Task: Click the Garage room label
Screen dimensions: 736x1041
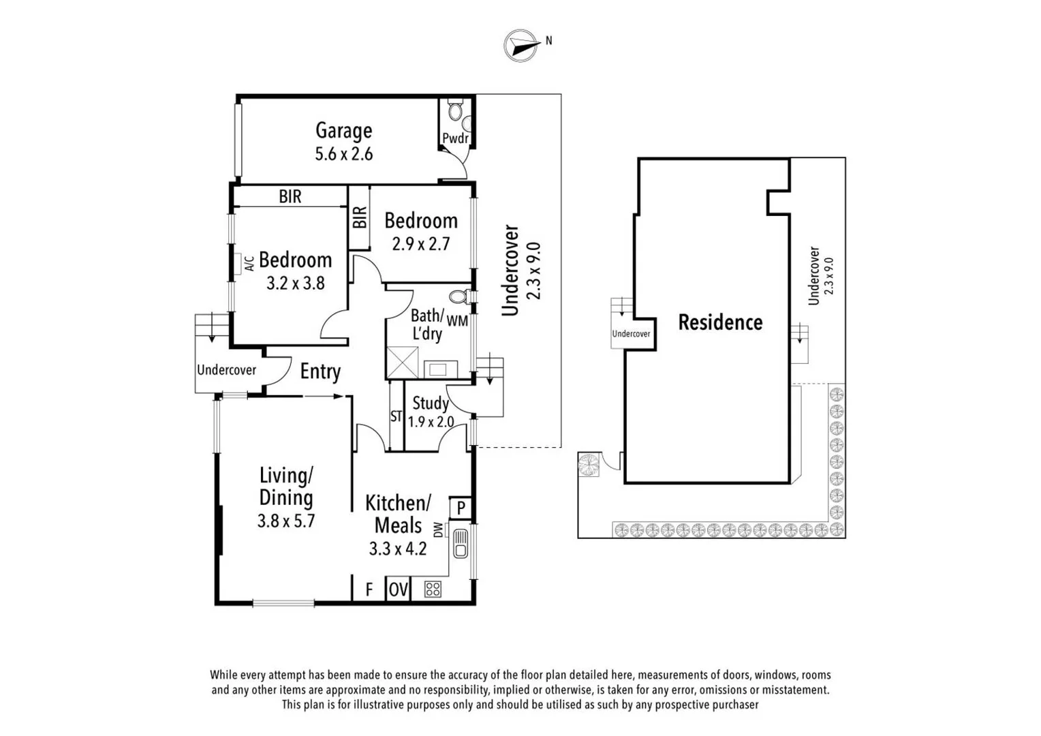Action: click(x=343, y=130)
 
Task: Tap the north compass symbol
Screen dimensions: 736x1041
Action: click(x=521, y=46)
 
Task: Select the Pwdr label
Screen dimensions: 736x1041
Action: click(x=455, y=138)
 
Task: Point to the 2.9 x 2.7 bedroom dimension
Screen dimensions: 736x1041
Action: click(x=420, y=244)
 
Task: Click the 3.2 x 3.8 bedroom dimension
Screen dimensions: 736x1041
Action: click(x=295, y=283)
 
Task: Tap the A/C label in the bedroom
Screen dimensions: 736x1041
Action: click(x=249, y=263)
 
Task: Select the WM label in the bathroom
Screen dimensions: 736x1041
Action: click(x=457, y=320)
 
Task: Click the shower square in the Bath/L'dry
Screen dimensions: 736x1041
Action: click(x=402, y=363)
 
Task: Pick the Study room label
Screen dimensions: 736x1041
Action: click(x=430, y=403)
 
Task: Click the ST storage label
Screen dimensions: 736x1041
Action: click(x=396, y=416)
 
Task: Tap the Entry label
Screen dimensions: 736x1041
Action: click(x=320, y=371)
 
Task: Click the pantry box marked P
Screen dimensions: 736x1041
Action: click(x=461, y=508)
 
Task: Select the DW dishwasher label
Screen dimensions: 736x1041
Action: click(x=438, y=530)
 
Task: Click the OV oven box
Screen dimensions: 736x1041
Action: click(x=398, y=589)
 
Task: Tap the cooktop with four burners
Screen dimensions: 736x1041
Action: click(x=433, y=589)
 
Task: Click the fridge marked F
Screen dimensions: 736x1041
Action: click(x=369, y=589)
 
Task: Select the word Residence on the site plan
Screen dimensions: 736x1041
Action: click(x=720, y=322)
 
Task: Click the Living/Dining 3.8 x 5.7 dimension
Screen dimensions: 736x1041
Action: click(x=285, y=521)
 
